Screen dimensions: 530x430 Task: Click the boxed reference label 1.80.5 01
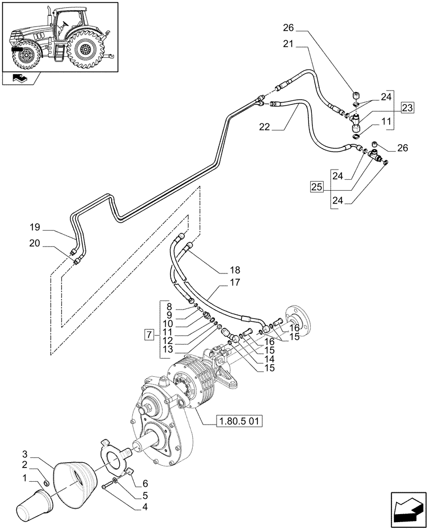(x=239, y=422)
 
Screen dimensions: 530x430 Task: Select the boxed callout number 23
(x=407, y=108)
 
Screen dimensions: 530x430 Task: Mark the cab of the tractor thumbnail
(x=69, y=24)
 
